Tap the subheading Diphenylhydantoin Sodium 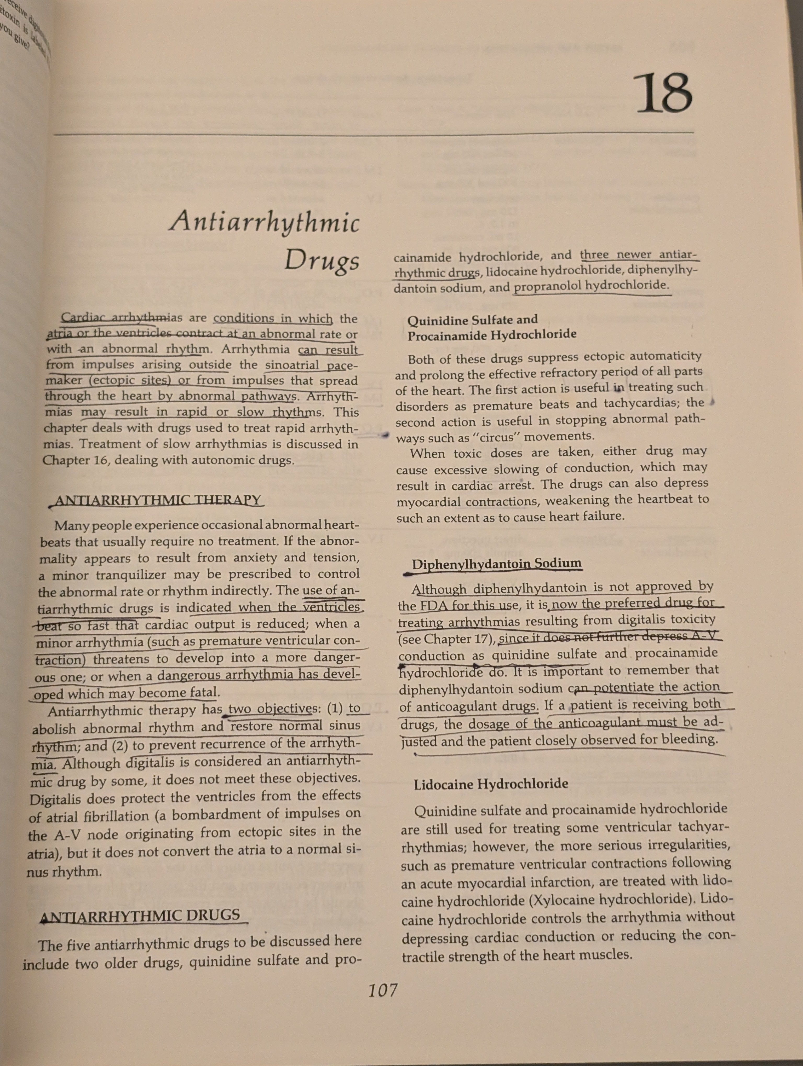(x=496, y=564)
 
